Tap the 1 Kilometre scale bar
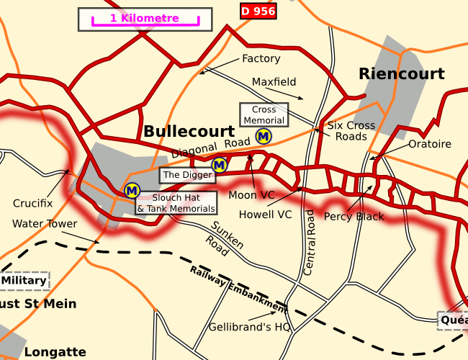tap(145, 19)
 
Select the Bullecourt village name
tap(189, 132)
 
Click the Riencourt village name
tap(401, 73)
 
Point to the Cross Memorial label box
tap(264, 114)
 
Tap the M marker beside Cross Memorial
tap(264, 135)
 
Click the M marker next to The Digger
tap(220, 165)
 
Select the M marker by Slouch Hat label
tap(132, 191)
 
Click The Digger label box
tap(187, 175)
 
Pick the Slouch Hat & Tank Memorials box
tap(176, 203)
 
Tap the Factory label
tap(261, 58)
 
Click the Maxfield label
tap(274, 82)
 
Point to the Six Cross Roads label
tap(351, 131)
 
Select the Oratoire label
tap(429, 144)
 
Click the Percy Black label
tap(354, 216)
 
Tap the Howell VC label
tap(265, 214)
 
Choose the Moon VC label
tap(251, 195)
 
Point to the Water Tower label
tap(44, 224)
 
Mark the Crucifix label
tap(32, 204)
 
